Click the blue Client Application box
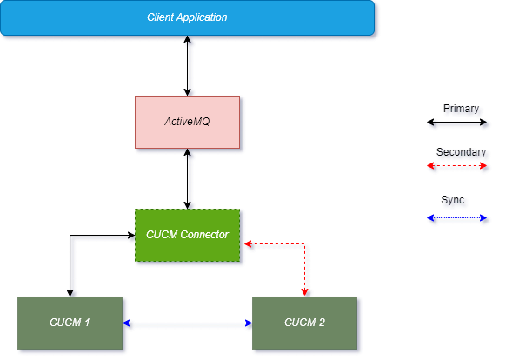click(188, 17)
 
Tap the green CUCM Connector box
click(187, 235)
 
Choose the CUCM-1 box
click(70, 323)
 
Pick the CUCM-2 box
click(305, 323)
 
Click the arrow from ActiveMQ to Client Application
click(188, 66)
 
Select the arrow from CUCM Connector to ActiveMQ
click(188, 178)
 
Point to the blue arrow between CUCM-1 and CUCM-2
click(188, 324)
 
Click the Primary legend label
click(461, 110)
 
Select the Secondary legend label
click(461, 153)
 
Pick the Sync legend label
click(456, 202)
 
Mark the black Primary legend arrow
click(459, 124)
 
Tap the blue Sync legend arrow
click(459, 219)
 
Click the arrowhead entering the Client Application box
click(188, 41)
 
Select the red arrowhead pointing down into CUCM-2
click(305, 290)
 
